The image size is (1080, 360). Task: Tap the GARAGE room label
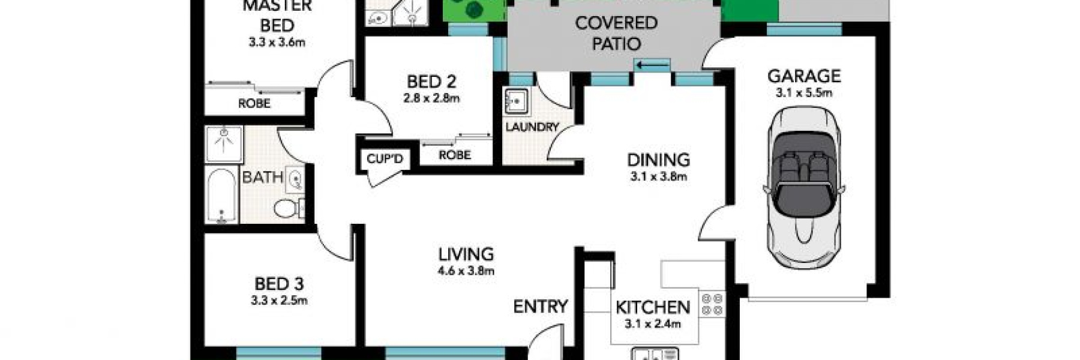click(804, 76)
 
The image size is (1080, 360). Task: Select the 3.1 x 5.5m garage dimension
click(804, 93)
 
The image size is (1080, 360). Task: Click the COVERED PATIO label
click(616, 33)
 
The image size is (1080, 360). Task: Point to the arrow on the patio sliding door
click(653, 64)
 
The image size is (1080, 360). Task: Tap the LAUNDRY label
click(532, 127)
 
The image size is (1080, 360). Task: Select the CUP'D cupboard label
click(385, 159)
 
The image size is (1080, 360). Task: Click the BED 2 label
click(431, 82)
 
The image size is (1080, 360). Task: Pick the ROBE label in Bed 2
click(454, 155)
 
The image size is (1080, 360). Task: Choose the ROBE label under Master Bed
click(254, 104)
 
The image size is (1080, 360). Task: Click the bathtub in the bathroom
click(221, 195)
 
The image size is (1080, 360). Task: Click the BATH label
click(262, 178)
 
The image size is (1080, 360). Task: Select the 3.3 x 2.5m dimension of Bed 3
click(279, 301)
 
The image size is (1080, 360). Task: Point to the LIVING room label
click(466, 254)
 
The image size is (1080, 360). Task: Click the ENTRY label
click(540, 307)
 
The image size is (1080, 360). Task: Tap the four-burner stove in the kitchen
click(712, 304)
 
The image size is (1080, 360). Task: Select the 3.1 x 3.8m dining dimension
click(658, 177)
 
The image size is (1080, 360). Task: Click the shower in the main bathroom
click(224, 144)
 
